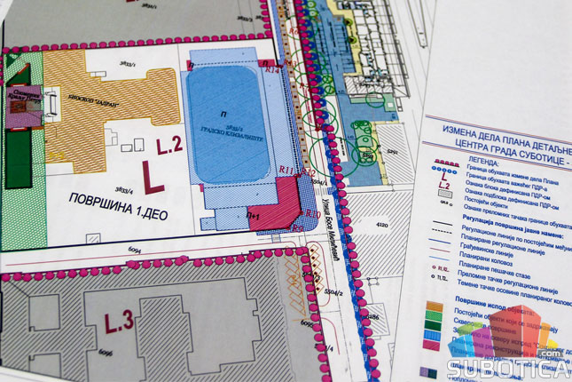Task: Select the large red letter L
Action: click(x=153, y=174)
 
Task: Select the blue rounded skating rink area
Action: click(x=226, y=124)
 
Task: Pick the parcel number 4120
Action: click(x=384, y=227)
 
